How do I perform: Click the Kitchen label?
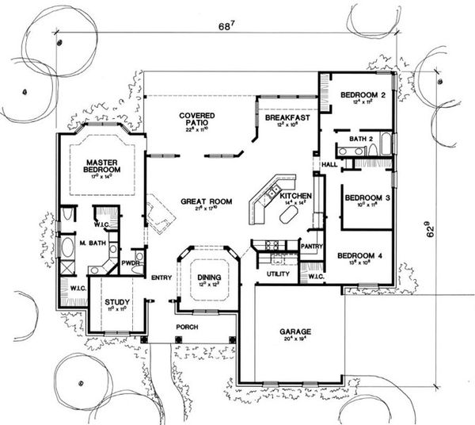pyautogui.click(x=294, y=195)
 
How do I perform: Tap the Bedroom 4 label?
pyautogui.click(x=360, y=255)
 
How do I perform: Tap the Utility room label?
pyautogui.click(x=278, y=274)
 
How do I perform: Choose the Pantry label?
pyautogui.click(x=310, y=247)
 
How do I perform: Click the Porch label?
pyautogui.click(x=188, y=326)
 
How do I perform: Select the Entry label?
pyautogui.click(x=161, y=277)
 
